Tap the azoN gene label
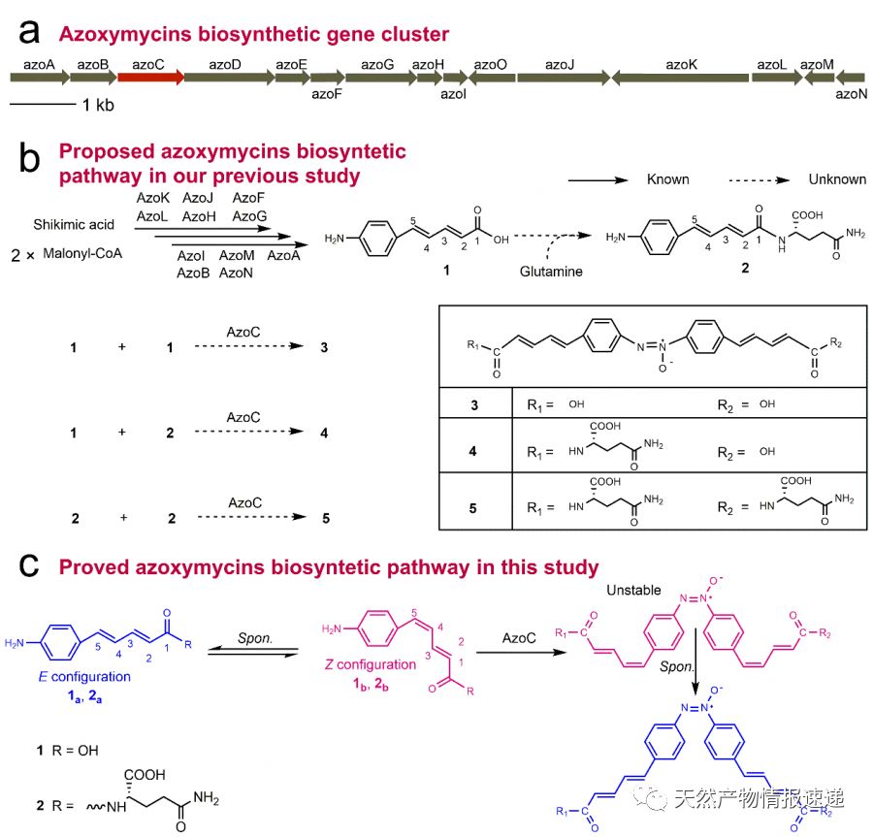850,95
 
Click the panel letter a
29,33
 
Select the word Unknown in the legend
837,179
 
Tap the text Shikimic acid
73,224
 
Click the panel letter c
29,564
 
